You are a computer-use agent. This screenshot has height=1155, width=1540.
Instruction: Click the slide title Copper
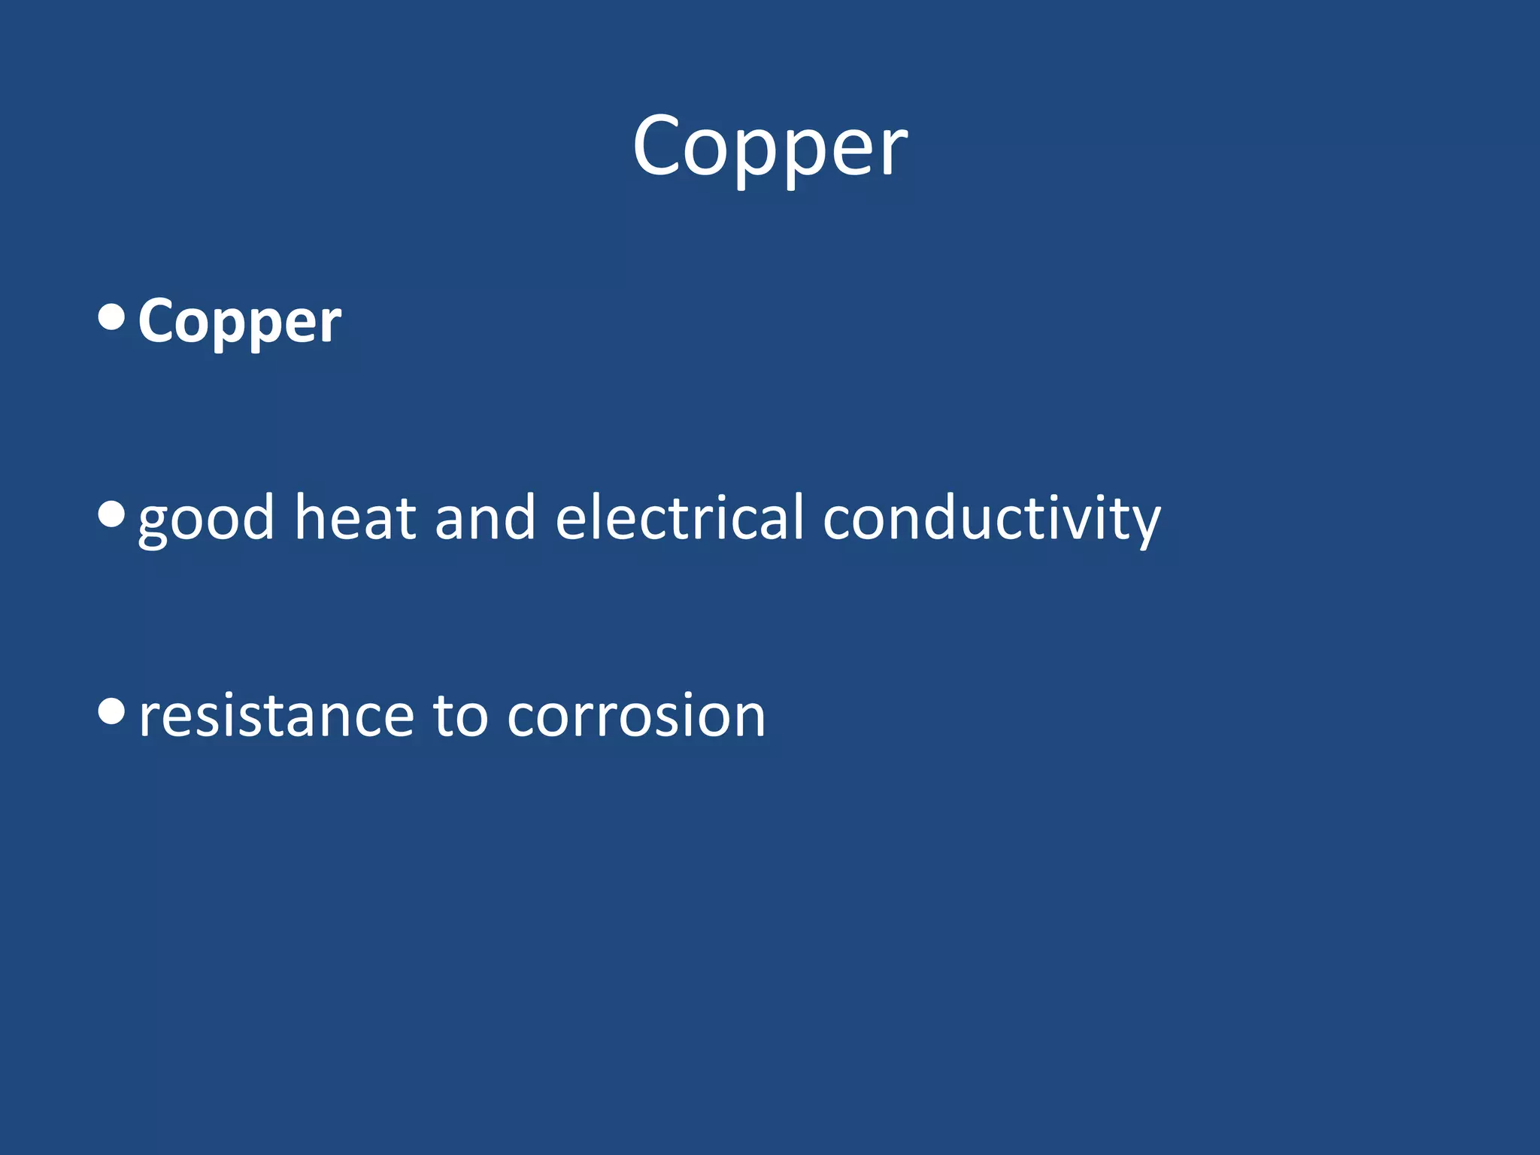tap(770, 147)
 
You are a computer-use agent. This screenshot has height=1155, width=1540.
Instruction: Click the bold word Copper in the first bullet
tap(239, 322)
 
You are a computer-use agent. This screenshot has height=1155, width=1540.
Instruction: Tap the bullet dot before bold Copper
tap(111, 317)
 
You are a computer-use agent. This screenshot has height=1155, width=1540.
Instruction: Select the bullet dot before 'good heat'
tap(111, 515)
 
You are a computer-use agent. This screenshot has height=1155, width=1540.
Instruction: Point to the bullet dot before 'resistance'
tap(111, 711)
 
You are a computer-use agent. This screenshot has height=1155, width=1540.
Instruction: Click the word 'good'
tap(206, 519)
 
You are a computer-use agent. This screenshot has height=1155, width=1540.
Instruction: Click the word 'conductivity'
tap(991, 519)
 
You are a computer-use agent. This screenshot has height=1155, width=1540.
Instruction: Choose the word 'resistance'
tap(276, 716)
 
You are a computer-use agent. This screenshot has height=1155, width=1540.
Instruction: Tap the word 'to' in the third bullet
tap(460, 716)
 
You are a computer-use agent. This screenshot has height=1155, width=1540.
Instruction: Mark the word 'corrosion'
tap(636, 716)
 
